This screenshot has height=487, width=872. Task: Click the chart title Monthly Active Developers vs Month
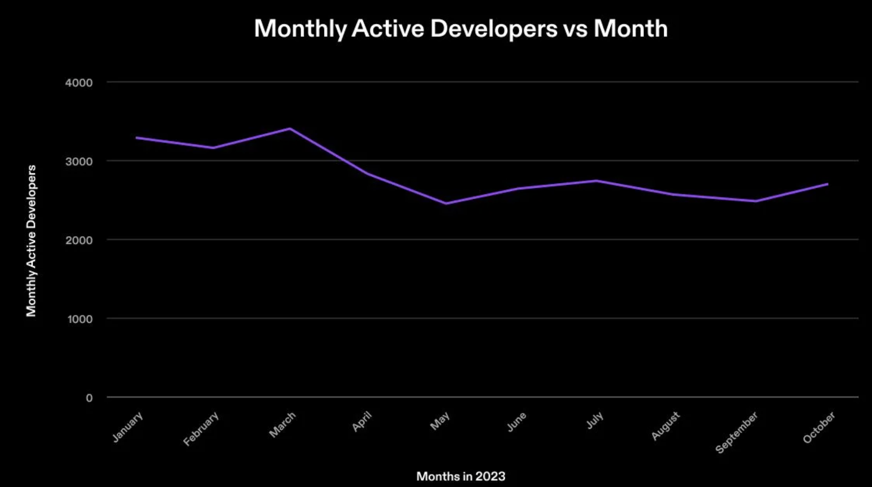(461, 28)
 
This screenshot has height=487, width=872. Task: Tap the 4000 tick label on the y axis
(79, 83)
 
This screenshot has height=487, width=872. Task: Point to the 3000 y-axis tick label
(79, 161)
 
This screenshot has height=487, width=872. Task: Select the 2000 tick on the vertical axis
(79, 240)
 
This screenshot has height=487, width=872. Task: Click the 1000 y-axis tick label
(80, 319)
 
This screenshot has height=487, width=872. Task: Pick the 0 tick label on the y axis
(89, 398)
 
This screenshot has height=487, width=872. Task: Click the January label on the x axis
(128, 427)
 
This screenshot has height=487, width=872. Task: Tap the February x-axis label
(201, 429)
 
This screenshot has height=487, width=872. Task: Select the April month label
(362, 422)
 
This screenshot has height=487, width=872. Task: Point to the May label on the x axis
(440, 421)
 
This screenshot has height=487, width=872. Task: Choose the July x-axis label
(595, 420)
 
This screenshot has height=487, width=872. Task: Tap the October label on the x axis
(819, 427)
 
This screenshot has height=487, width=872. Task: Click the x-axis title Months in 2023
(461, 476)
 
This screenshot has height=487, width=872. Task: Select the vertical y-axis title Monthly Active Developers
(31, 241)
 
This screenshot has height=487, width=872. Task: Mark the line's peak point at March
(290, 128)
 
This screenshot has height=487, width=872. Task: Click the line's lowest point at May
(446, 203)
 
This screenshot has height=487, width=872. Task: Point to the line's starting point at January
(136, 137)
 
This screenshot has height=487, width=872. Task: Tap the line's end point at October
(827, 184)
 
